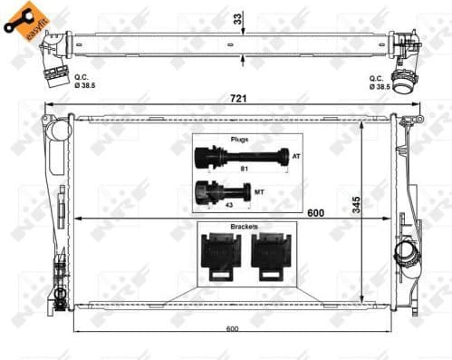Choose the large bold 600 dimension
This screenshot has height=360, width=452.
click(x=316, y=213)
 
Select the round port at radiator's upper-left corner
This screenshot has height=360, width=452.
click(x=60, y=130)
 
